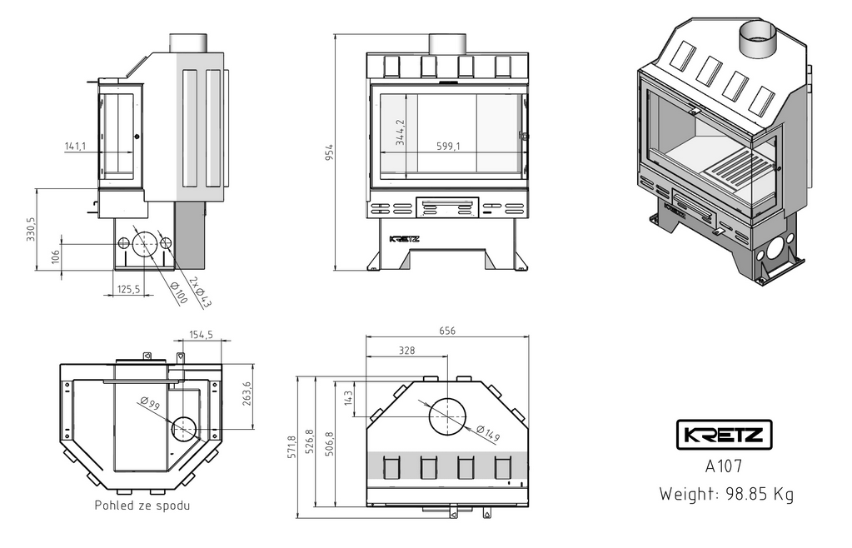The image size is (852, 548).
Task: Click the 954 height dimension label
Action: tap(330, 152)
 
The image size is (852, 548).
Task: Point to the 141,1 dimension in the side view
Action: tap(75, 147)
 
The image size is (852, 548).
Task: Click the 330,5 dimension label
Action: tap(32, 229)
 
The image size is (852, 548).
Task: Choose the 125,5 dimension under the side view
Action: tap(128, 289)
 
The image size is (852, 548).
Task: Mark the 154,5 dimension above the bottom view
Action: tap(202, 334)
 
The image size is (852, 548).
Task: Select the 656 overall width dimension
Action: tap(447, 330)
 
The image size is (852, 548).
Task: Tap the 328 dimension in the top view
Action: tap(406, 351)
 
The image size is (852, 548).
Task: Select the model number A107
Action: tap(723, 467)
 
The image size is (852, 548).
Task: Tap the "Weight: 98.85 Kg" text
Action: tap(726, 494)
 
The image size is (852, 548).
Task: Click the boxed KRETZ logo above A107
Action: tap(723, 435)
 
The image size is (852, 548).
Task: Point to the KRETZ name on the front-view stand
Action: tap(405, 238)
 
